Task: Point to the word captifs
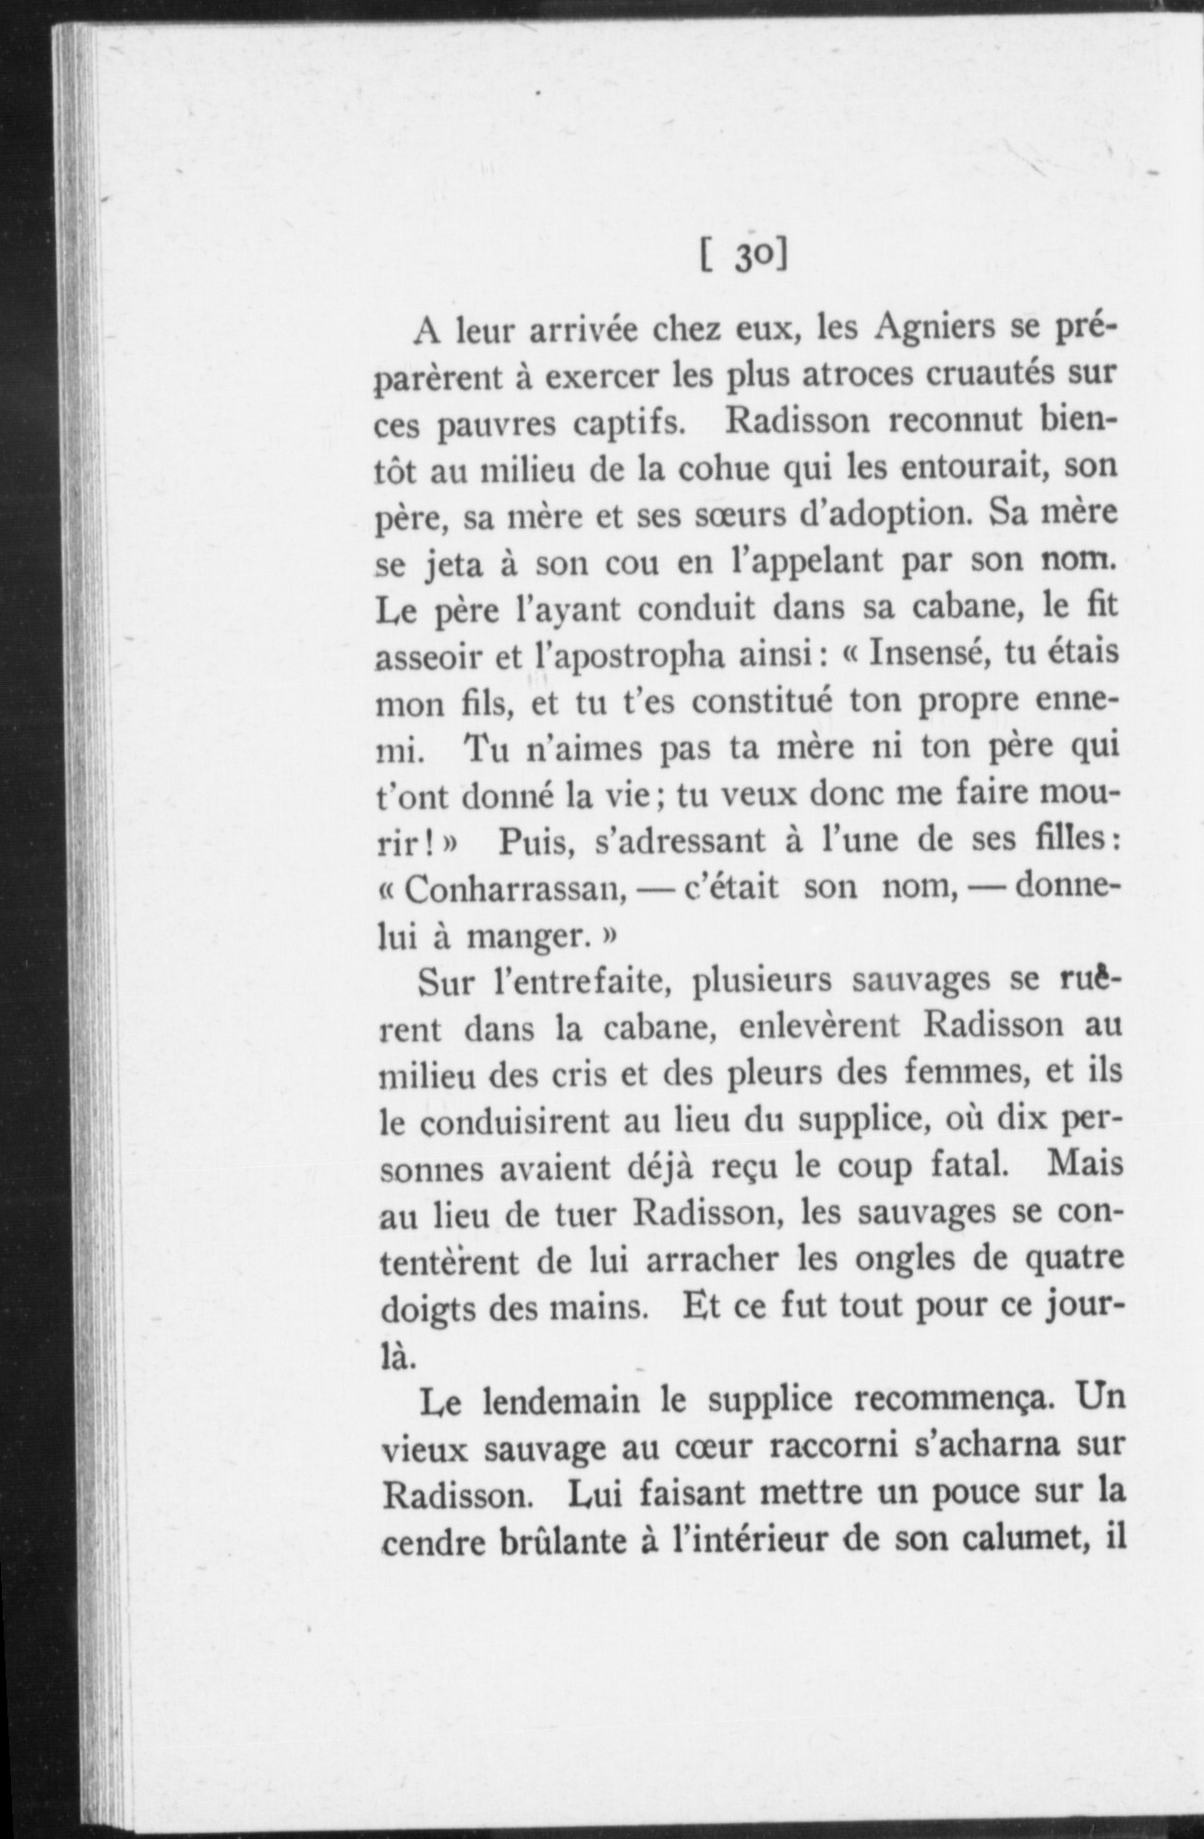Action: coord(629,424)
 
